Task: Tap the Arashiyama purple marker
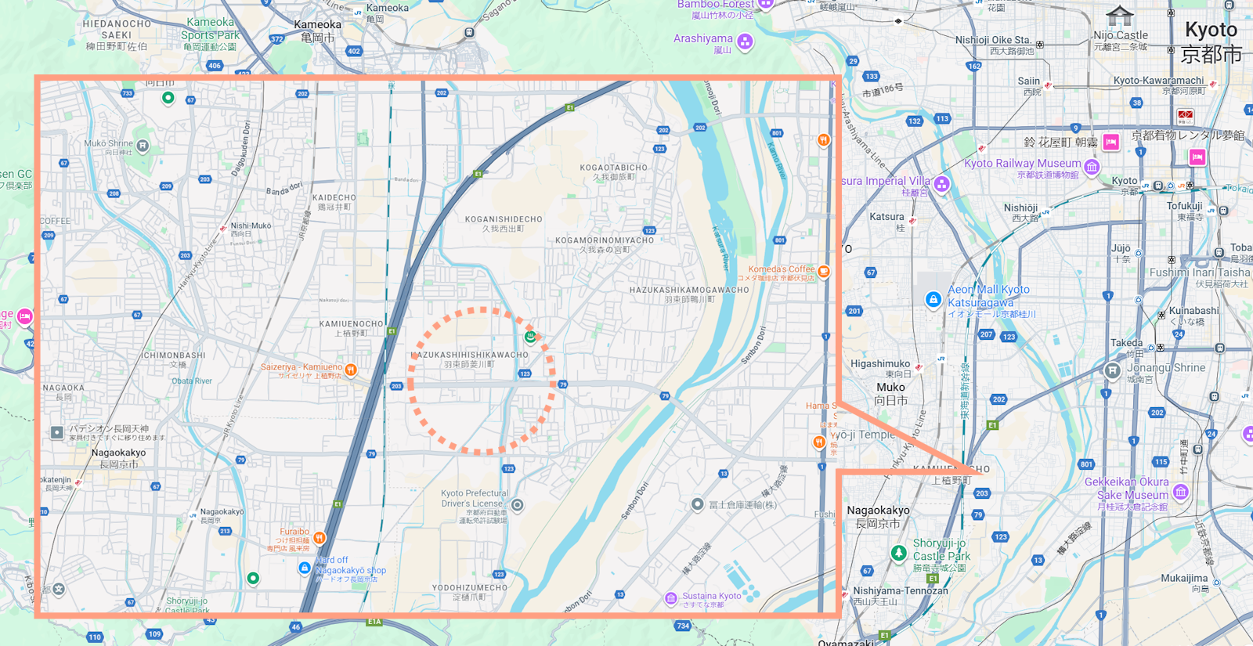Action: (745, 41)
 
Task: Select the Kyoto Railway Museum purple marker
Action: (1092, 166)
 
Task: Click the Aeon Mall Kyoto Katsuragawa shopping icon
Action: (933, 299)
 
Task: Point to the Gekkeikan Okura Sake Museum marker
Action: (1181, 492)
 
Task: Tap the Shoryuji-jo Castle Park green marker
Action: (899, 553)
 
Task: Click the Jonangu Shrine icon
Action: (1112, 370)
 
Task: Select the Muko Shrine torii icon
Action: (143, 146)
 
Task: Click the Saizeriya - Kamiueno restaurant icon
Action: (351, 370)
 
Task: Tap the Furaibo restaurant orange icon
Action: (320, 538)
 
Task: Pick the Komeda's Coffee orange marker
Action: (824, 271)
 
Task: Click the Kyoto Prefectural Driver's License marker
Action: (517, 505)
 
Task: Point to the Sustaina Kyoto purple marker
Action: (671, 598)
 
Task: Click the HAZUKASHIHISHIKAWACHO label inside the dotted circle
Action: (470, 355)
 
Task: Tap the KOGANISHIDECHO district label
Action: (503, 219)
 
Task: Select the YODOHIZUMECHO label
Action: (470, 587)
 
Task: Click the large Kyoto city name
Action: (1211, 31)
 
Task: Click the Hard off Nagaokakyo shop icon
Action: (305, 568)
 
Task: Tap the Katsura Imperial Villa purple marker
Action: (942, 184)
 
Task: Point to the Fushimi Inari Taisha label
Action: (1199, 272)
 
